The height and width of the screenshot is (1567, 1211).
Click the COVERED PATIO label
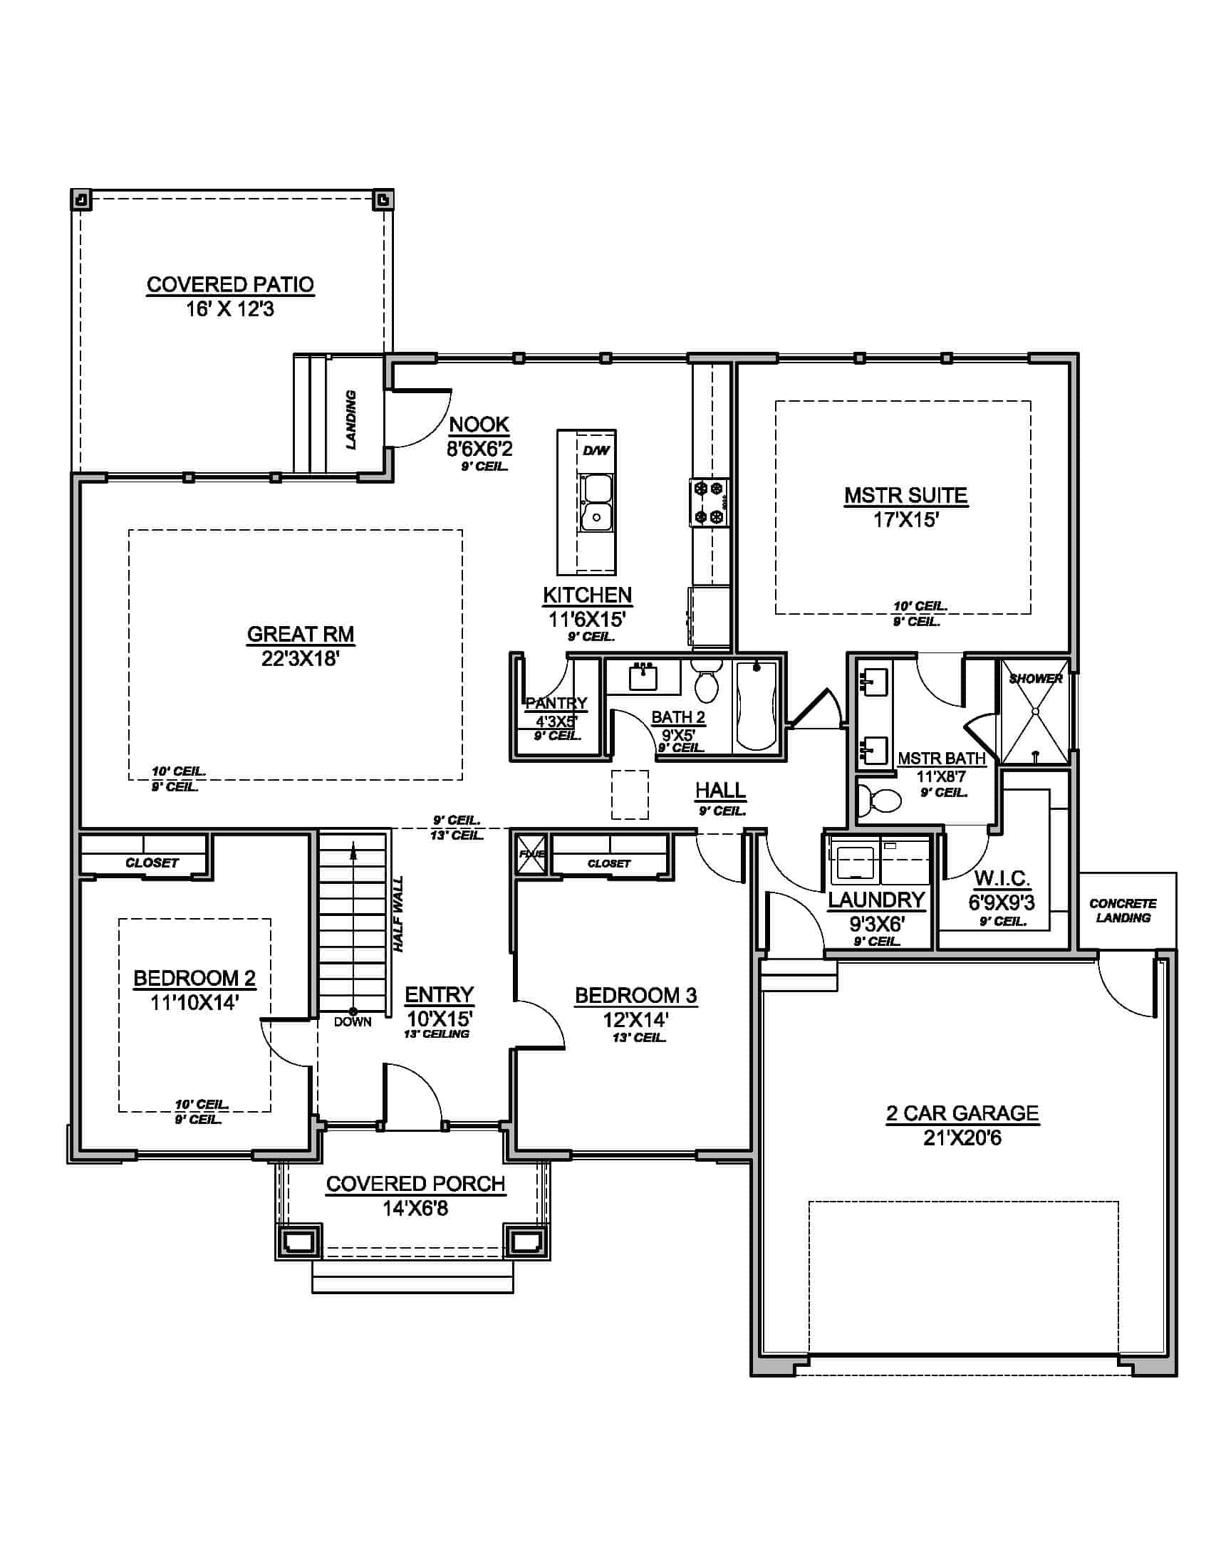tap(230, 285)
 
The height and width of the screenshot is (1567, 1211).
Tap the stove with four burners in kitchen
tap(709, 503)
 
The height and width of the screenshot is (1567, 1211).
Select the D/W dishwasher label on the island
tap(596, 451)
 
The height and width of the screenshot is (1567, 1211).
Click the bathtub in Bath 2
tap(756, 707)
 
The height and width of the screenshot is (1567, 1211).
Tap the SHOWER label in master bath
tap(1035, 678)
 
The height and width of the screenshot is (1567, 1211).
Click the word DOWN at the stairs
tap(352, 1021)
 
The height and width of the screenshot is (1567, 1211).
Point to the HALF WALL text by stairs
tap(398, 914)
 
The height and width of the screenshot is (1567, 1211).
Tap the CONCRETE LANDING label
tap(1123, 910)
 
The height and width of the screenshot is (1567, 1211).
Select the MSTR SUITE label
tap(905, 495)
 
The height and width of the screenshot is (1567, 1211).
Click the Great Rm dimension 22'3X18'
tap(300, 659)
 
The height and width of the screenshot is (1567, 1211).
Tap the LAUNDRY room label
tap(876, 900)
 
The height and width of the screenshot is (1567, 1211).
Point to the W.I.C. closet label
tap(1002, 878)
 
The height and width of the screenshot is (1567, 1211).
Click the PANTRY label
tap(556, 703)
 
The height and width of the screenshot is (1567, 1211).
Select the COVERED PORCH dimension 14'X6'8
tap(415, 1208)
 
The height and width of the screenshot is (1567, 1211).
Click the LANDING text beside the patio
tap(350, 420)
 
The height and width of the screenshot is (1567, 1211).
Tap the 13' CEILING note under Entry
tap(436, 1034)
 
